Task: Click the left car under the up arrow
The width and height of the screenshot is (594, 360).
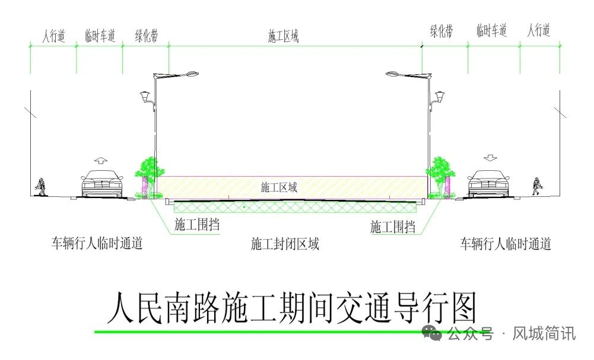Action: point(101,183)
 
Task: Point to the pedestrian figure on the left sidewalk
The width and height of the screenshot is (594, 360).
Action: point(41,186)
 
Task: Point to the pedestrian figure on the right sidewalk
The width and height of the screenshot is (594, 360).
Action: point(538,186)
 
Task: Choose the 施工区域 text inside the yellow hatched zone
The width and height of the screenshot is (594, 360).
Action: point(279,187)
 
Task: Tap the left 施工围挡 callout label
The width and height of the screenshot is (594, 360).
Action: point(194,225)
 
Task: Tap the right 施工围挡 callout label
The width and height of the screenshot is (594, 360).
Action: point(392,226)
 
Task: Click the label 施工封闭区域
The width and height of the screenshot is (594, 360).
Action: point(285,244)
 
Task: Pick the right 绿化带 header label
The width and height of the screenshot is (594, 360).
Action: point(441,31)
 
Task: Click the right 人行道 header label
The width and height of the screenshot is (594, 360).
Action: point(539,30)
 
